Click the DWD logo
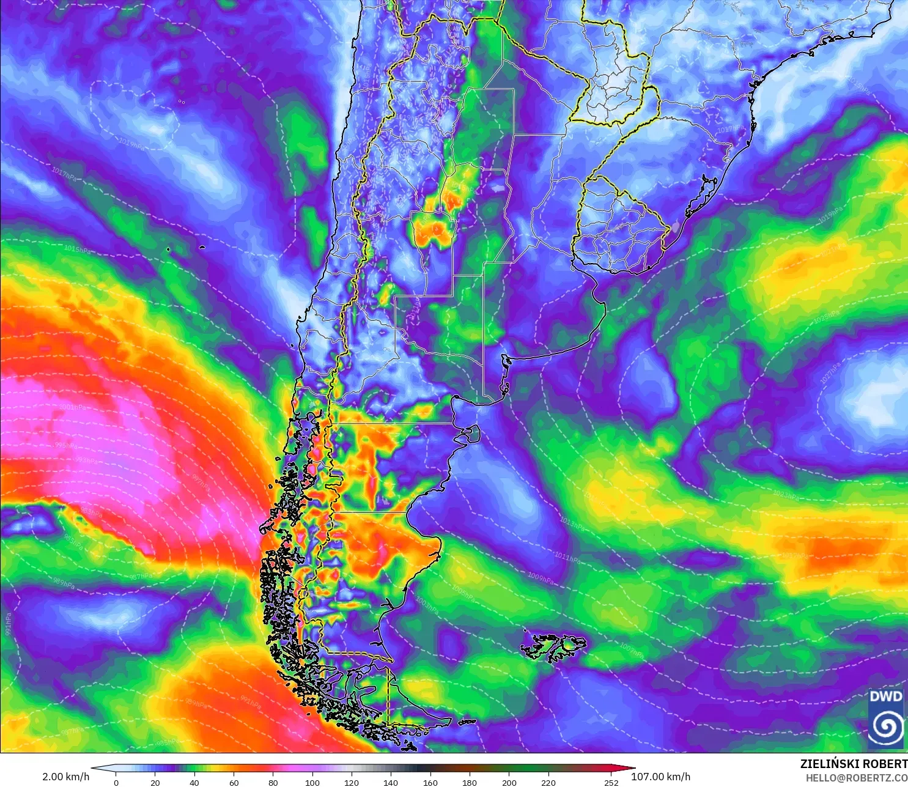coord(885,718)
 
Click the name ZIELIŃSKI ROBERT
coord(854,764)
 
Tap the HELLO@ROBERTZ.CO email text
coord(856,778)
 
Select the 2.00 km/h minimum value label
coord(65,777)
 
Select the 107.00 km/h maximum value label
coord(660,777)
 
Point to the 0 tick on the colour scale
coord(116,782)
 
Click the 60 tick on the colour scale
coord(234,782)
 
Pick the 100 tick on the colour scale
coord(312,782)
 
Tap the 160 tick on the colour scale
coord(430,782)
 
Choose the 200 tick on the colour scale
coord(509,782)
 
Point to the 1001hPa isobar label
coord(72,407)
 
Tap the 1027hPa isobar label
coord(831,372)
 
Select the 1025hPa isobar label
coord(826,317)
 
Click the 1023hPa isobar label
coord(786,495)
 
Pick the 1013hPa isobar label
coord(572,523)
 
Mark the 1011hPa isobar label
coord(567,557)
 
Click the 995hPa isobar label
coord(66,445)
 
